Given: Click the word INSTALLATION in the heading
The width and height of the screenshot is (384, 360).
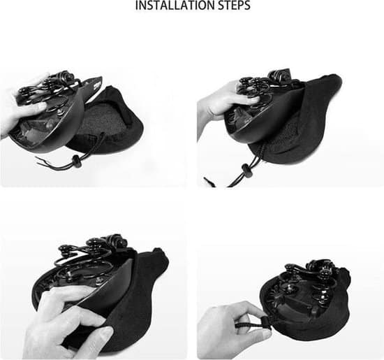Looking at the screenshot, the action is coord(175,6).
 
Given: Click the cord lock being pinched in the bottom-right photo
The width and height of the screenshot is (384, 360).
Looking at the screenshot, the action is coord(266,324).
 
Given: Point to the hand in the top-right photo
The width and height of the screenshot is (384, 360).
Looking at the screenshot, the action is coord(226,102).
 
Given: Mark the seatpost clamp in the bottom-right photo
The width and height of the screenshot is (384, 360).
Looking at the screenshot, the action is coord(321,268).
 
